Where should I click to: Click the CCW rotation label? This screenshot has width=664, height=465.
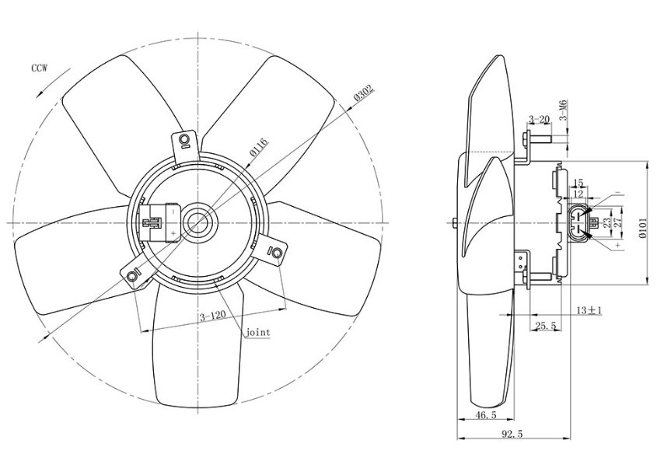pos(40,68)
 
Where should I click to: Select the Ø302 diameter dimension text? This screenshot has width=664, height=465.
pos(364,93)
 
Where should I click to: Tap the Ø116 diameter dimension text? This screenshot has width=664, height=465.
pos(259,147)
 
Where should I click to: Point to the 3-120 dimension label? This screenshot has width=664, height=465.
pos(212,316)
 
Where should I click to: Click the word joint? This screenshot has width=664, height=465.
pos(258,332)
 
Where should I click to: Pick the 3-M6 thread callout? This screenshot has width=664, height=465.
pos(564,110)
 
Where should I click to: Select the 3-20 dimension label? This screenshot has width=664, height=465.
pos(539,119)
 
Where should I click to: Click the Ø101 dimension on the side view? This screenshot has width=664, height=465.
pos(643,229)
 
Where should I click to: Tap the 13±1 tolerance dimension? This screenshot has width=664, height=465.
pos(589,310)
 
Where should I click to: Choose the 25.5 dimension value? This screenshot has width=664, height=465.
pos(547,326)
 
